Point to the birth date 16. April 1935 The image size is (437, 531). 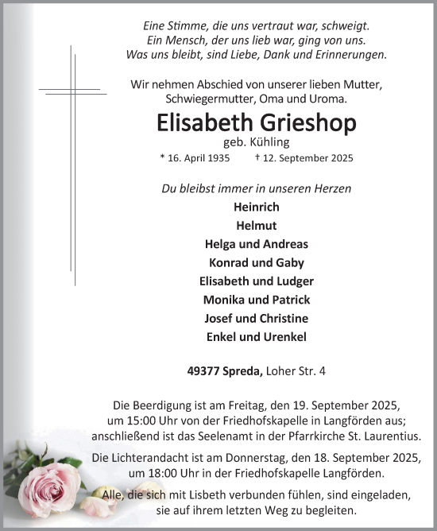click(195, 158)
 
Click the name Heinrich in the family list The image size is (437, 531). click(257, 207)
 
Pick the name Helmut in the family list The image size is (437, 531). click(257, 225)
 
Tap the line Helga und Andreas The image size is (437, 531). click(257, 244)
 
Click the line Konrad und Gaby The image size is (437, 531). click(257, 262)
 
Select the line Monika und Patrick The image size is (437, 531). click(257, 300)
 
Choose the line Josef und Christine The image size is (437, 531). click(257, 318)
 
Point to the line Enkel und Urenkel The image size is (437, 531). click(257, 337)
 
